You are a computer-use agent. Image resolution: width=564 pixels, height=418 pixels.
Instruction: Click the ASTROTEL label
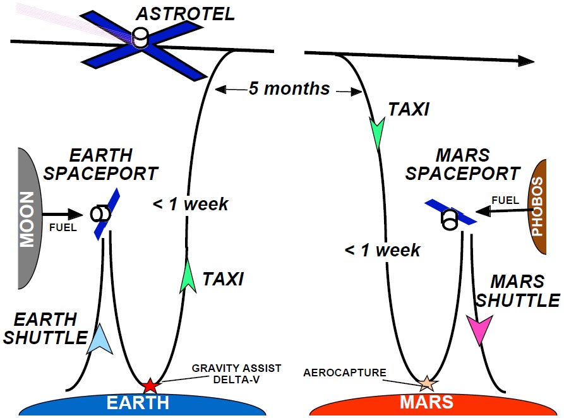click(x=185, y=14)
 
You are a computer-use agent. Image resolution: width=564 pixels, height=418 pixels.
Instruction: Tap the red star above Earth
click(x=150, y=386)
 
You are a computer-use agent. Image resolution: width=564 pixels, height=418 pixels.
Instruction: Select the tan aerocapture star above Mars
click(x=427, y=383)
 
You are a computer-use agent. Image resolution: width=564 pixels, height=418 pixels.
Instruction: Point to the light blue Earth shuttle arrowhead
click(x=100, y=339)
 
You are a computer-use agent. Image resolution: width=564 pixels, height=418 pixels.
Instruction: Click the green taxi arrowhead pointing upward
click(x=188, y=277)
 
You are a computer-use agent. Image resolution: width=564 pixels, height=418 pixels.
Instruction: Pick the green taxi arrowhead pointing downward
click(x=377, y=133)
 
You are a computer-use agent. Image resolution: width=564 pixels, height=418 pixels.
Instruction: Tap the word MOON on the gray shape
click(x=27, y=219)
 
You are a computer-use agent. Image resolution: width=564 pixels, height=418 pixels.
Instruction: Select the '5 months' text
click(x=289, y=88)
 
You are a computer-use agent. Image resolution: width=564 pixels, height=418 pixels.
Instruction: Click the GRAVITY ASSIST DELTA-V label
click(x=236, y=374)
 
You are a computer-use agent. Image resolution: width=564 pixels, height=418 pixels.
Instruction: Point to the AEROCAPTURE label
click(x=345, y=373)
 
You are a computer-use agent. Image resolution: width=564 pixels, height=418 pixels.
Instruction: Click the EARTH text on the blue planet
click(x=138, y=403)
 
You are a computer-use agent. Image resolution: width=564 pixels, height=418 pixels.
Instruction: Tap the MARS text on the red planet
click(x=426, y=402)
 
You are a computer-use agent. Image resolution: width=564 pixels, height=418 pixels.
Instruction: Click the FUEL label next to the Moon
click(x=63, y=227)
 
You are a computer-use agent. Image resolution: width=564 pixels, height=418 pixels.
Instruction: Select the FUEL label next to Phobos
click(x=505, y=200)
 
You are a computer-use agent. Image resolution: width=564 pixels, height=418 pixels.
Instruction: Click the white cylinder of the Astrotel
click(x=140, y=37)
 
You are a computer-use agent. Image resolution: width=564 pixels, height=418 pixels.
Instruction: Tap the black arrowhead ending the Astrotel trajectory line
click(x=526, y=61)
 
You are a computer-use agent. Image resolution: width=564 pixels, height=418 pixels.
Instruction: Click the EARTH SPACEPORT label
click(x=100, y=164)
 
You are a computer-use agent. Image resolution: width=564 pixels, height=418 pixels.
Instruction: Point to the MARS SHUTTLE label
click(x=518, y=291)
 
